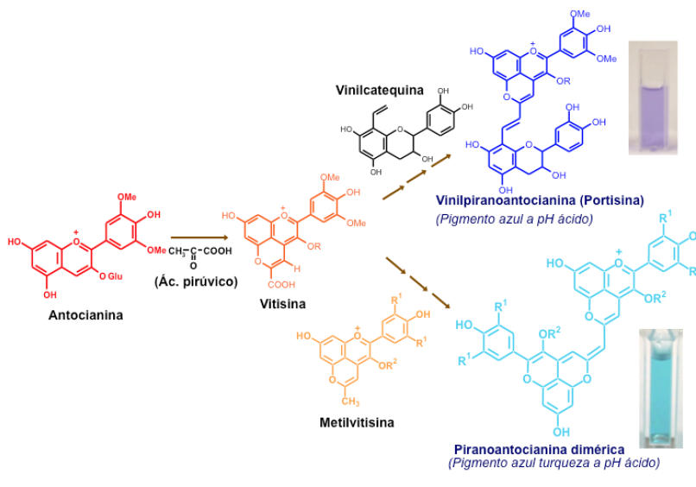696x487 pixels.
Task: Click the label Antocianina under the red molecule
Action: click(85, 315)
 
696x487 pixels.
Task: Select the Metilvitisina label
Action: click(356, 422)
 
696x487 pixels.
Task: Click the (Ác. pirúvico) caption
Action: click(196, 281)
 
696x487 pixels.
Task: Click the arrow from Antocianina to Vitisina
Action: click(199, 237)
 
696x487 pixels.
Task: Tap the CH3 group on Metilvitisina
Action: click(348, 403)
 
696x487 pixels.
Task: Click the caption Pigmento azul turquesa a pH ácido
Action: click(554, 464)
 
